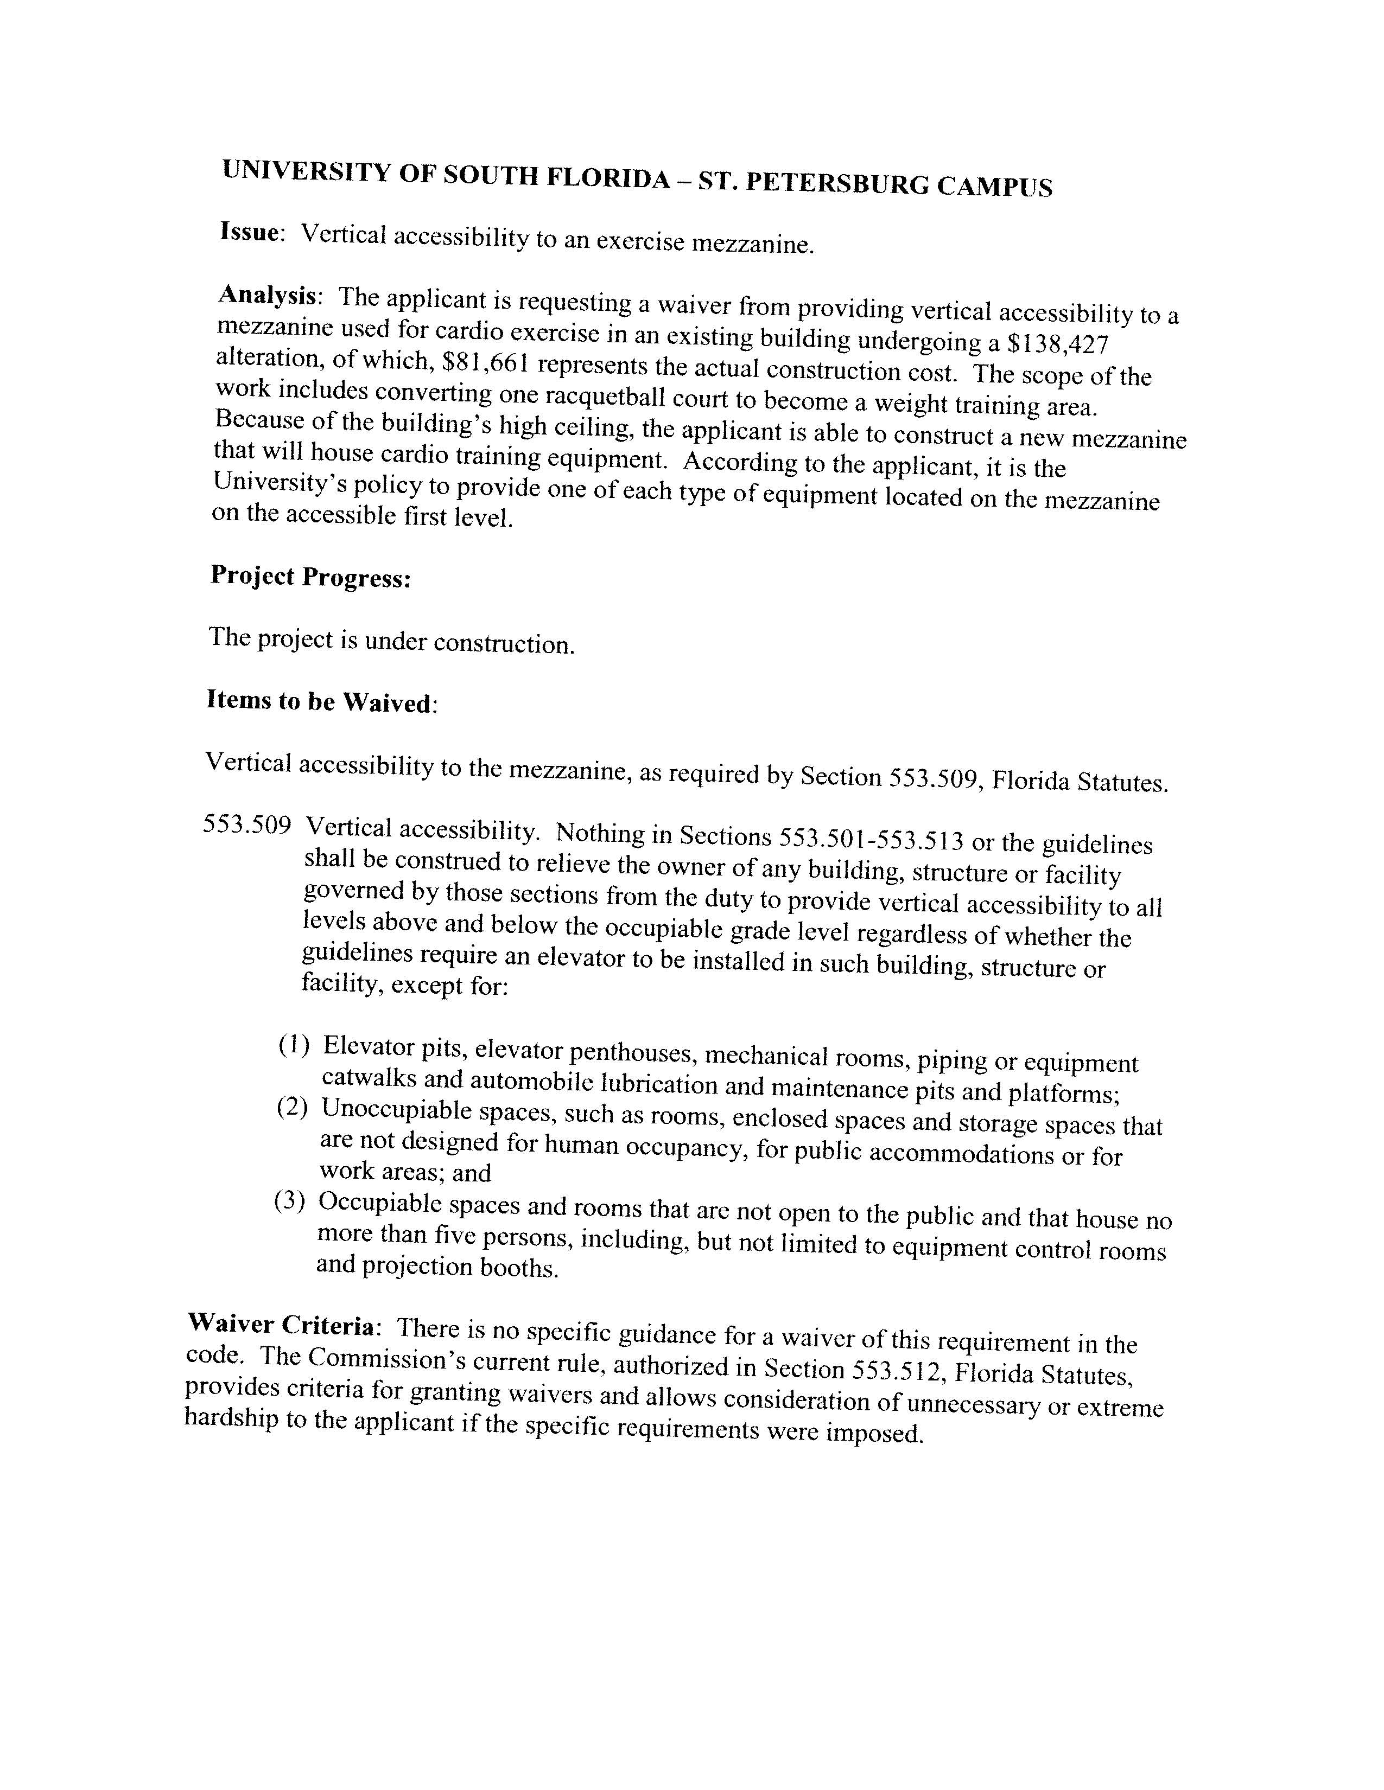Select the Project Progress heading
(310, 577)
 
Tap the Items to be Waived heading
(321, 701)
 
